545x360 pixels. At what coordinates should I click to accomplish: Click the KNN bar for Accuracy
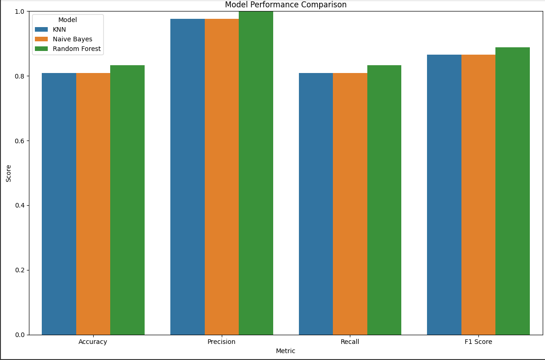pos(59,204)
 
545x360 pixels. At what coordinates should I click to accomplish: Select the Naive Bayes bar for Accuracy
pos(93,204)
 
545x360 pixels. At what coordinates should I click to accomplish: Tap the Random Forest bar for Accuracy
pos(127,200)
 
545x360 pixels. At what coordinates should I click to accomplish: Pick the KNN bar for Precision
pos(187,177)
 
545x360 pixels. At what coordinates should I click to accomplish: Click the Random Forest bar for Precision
pos(256,173)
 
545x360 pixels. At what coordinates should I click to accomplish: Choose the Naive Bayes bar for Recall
pos(350,204)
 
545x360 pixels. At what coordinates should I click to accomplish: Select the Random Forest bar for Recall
pos(384,200)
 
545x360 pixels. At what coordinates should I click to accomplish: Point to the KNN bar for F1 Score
pos(444,195)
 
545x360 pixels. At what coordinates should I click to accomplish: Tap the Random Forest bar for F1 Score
pos(512,191)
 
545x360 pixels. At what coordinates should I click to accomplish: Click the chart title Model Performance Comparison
pos(286,5)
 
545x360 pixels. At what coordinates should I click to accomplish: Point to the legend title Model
pos(67,20)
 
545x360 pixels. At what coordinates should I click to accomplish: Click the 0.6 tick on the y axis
pos(20,141)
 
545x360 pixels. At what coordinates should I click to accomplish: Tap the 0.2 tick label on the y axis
pos(20,270)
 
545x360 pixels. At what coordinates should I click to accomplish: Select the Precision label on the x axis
pos(221,342)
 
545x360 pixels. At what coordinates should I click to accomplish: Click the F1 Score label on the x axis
pos(478,342)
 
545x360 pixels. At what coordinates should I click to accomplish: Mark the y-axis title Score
pos(9,173)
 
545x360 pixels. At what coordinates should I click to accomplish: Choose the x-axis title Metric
pos(286,351)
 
